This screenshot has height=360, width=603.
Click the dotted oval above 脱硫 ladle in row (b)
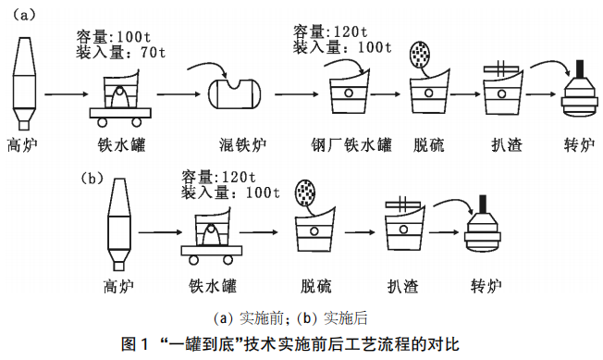[304, 192]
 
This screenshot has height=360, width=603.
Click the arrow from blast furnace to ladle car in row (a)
[66, 93]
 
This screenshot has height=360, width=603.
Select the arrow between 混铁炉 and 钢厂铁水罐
[297, 93]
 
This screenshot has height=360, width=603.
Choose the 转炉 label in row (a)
[579, 144]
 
